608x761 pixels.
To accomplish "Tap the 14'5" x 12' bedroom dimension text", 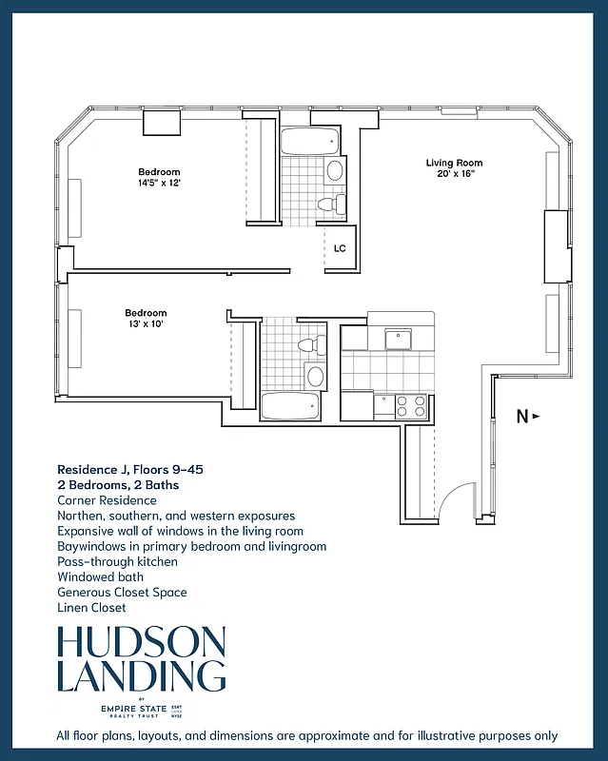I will point(159,184).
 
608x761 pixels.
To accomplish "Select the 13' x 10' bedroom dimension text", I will point(146,324).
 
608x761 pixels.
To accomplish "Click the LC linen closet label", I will point(340,249).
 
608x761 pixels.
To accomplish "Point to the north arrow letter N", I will point(521,416).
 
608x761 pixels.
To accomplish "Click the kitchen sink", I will point(397,339).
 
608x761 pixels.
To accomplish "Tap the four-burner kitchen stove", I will point(410,406).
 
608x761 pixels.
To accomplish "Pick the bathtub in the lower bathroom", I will point(291,406).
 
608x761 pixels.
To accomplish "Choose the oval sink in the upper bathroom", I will point(335,172).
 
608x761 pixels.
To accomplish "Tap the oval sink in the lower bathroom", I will point(315,377).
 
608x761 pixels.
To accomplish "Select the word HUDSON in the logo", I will point(142,643).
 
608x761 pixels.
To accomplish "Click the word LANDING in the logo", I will point(142,676).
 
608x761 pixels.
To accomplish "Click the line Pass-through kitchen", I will point(117,562).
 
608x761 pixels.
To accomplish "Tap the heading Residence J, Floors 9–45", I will point(130,469).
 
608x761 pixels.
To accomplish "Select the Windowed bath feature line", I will point(100,577).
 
